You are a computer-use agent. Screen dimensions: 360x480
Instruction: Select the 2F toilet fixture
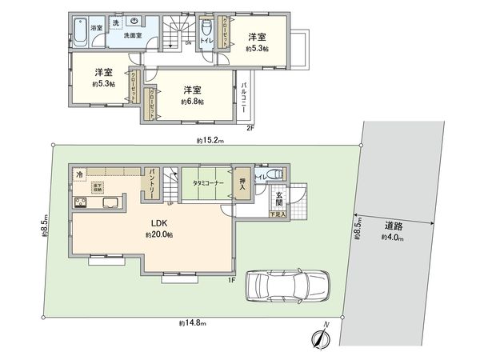click(207, 44)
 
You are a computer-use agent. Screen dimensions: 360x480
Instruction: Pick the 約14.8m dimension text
click(193, 323)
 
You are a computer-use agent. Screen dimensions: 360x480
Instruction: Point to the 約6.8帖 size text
click(192, 102)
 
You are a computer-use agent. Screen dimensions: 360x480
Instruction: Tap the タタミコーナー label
click(207, 182)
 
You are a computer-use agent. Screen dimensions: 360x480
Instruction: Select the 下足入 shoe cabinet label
click(277, 215)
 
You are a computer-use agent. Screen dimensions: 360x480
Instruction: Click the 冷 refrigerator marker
click(80, 174)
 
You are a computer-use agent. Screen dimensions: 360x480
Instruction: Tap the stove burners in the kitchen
click(80, 202)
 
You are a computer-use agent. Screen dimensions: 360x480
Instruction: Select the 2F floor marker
click(250, 128)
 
